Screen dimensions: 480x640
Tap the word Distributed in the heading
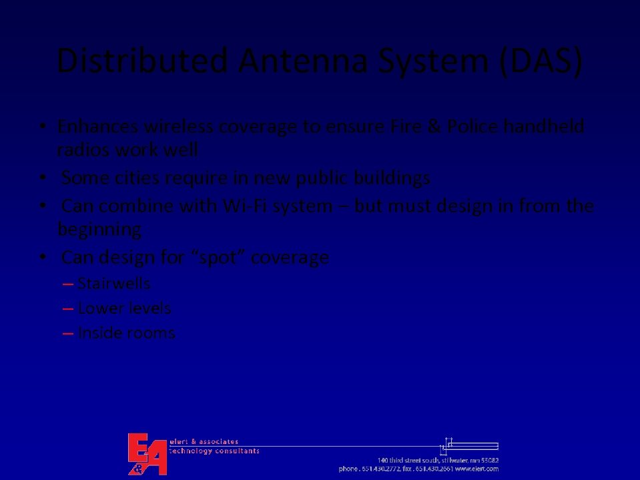click(143, 61)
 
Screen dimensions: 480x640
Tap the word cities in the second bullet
click(136, 178)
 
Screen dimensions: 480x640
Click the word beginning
click(99, 230)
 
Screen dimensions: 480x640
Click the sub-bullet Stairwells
click(114, 284)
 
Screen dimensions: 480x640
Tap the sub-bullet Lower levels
click(124, 308)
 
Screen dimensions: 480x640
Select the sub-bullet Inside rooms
click(126, 332)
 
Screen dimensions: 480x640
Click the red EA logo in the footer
click(147, 454)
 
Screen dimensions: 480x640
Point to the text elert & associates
click(204, 441)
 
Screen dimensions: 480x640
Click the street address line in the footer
click(438, 460)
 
